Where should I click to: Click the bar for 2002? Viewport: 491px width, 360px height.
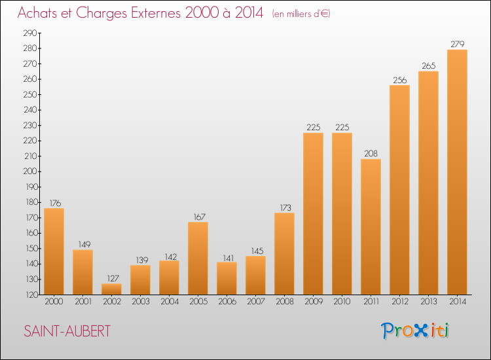tap(111, 289)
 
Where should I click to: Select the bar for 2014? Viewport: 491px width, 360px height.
tap(457, 172)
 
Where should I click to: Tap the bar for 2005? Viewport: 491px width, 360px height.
tap(198, 259)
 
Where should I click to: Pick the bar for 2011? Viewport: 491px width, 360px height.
tap(371, 226)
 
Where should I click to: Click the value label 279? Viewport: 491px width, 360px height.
tap(457, 44)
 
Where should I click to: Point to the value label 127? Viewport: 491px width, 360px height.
tap(113, 278)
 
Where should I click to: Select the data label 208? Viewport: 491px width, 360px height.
tap(371, 153)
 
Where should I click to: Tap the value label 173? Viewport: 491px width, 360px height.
tap(285, 207)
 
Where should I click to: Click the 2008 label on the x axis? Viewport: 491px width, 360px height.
tap(285, 302)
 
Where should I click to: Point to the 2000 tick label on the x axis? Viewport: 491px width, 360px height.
tap(54, 302)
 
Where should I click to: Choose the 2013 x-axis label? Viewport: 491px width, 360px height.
tap(428, 302)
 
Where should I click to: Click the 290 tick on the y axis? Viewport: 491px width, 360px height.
tap(30, 33)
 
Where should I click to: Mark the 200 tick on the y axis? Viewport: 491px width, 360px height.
tap(30, 171)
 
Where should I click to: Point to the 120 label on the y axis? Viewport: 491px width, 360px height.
tap(31, 295)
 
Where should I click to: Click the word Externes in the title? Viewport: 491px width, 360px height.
tap(156, 13)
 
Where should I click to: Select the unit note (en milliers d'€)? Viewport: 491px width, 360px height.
tap(301, 14)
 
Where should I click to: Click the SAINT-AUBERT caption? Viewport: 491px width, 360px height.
tap(67, 331)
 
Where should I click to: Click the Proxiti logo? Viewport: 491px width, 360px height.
tap(415, 331)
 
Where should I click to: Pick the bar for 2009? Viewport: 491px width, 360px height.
tap(313, 214)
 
